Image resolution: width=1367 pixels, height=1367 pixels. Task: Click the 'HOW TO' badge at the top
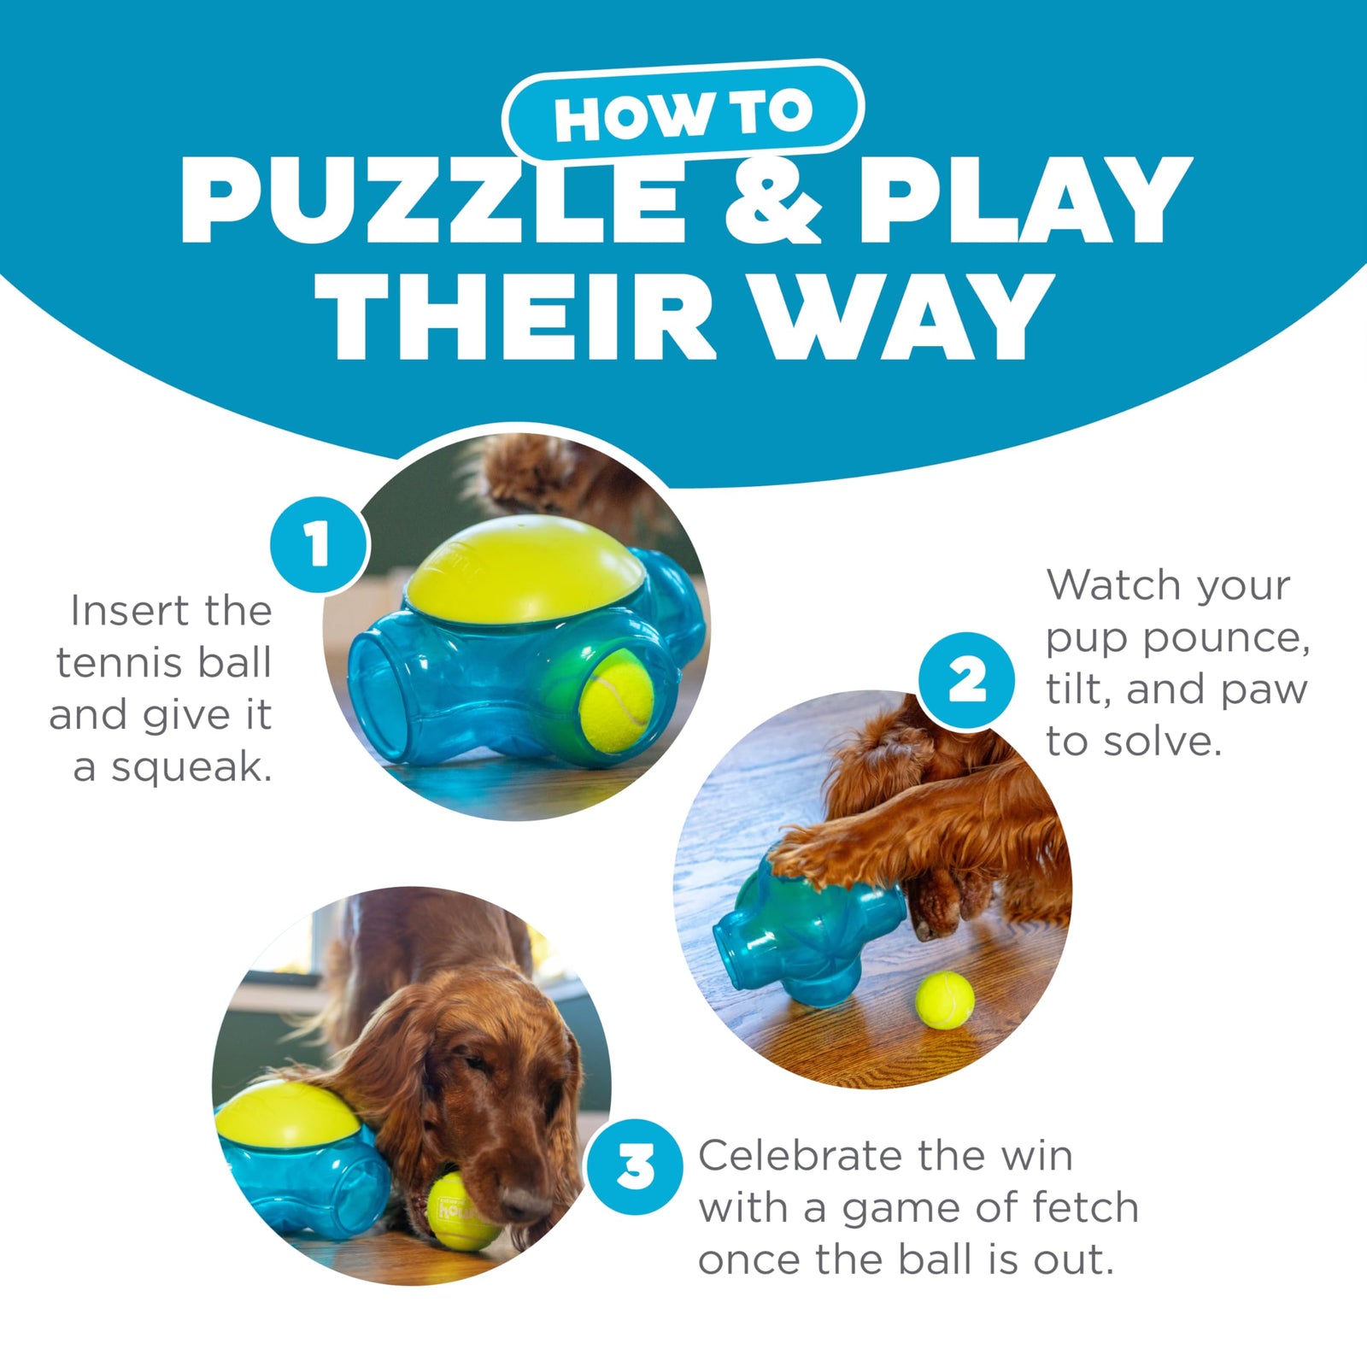pyautogui.click(x=683, y=111)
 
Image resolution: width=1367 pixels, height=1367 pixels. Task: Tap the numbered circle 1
pyautogui.click(x=319, y=544)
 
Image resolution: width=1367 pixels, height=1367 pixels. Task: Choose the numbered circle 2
pyautogui.click(x=966, y=681)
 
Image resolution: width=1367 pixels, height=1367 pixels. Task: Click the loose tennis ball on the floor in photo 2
pyautogui.click(x=944, y=1000)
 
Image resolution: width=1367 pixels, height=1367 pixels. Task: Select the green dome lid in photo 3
pyautogui.click(x=286, y=1115)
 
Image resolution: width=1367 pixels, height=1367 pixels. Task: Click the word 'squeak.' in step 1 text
pyautogui.click(x=192, y=767)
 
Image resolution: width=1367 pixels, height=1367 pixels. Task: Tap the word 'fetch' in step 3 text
pyautogui.click(x=1085, y=1208)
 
